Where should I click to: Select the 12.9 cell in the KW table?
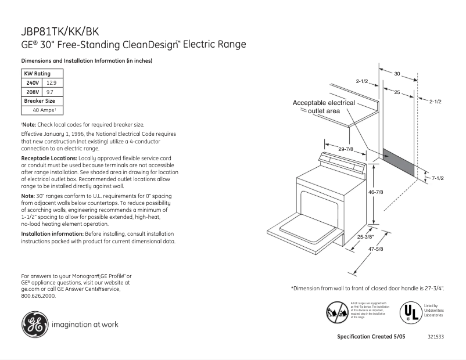tap(52, 83)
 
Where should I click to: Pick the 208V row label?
tap(32, 92)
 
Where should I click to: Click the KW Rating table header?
tap(37, 74)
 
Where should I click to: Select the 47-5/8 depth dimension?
tap(375, 250)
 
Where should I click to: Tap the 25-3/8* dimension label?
tap(366, 236)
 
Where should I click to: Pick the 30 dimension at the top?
tap(397, 74)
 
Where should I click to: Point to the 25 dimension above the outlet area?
tap(397, 93)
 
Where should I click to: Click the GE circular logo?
tap(35, 324)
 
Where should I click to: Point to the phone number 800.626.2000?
tap(38, 296)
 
